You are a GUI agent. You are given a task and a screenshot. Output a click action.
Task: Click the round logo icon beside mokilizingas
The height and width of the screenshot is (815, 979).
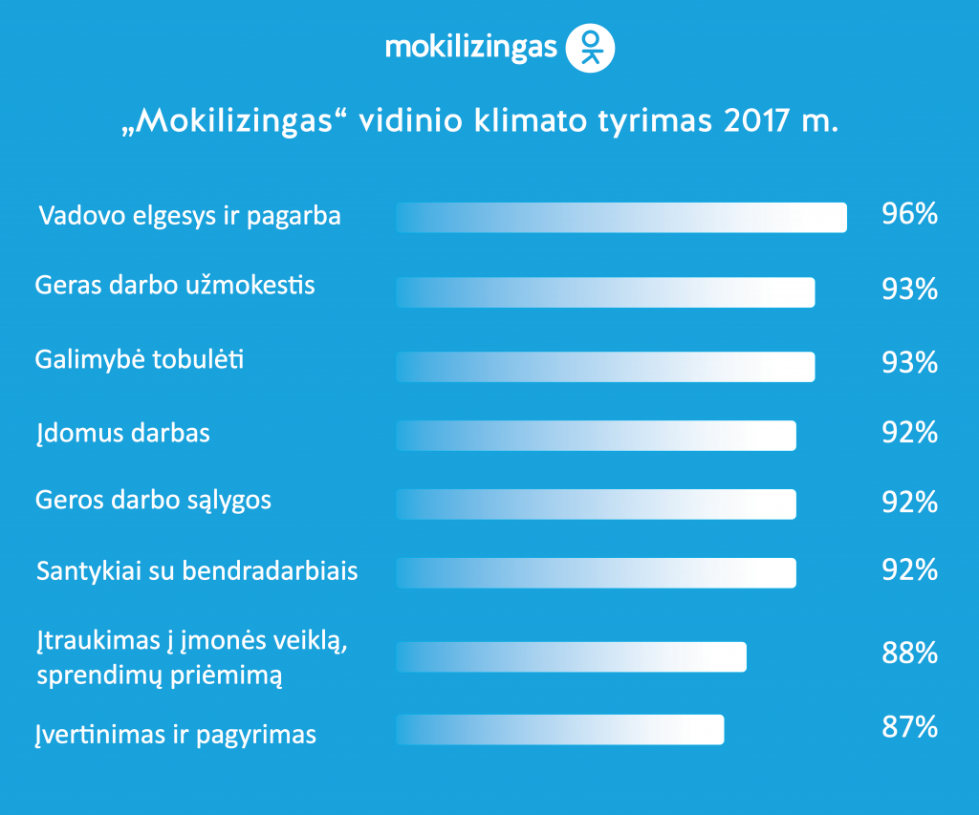(591, 48)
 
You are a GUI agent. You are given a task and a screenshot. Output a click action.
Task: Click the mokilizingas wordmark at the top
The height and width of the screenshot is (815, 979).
(470, 48)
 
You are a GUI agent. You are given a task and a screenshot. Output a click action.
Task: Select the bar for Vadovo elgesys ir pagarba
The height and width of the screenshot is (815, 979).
(621, 217)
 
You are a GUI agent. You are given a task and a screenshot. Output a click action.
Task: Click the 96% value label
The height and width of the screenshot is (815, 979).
(909, 214)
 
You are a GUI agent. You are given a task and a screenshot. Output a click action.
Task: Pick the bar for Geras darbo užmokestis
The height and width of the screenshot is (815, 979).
(605, 292)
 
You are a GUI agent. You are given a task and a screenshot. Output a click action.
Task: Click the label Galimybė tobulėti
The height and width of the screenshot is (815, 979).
(140, 360)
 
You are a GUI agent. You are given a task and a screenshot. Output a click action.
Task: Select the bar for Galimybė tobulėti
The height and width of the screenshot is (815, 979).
(605, 367)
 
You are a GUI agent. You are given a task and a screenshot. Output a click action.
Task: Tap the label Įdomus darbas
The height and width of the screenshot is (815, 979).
(122, 434)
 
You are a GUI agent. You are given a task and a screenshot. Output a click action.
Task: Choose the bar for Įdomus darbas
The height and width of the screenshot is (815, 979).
(596, 435)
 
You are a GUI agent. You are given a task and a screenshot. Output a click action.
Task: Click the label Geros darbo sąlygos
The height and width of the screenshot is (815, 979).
(153, 501)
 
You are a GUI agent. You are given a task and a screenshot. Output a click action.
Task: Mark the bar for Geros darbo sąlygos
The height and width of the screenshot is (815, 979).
(596, 504)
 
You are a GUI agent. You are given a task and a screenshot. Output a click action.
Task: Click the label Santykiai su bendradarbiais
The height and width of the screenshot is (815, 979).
(197, 571)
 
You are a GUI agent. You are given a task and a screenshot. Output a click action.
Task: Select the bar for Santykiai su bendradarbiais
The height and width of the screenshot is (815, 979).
(596, 572)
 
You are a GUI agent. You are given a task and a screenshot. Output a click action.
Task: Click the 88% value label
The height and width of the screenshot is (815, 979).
(909, 654)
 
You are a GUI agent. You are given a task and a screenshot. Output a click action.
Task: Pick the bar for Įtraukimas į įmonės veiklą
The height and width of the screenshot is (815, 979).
(571, 657)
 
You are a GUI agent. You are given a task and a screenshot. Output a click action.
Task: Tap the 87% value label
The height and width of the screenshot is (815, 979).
(909, 727)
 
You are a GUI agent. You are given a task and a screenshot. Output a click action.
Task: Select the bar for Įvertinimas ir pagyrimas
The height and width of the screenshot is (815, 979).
(559, 729)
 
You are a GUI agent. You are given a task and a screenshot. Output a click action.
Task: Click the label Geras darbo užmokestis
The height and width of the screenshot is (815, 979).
(175, 285)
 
